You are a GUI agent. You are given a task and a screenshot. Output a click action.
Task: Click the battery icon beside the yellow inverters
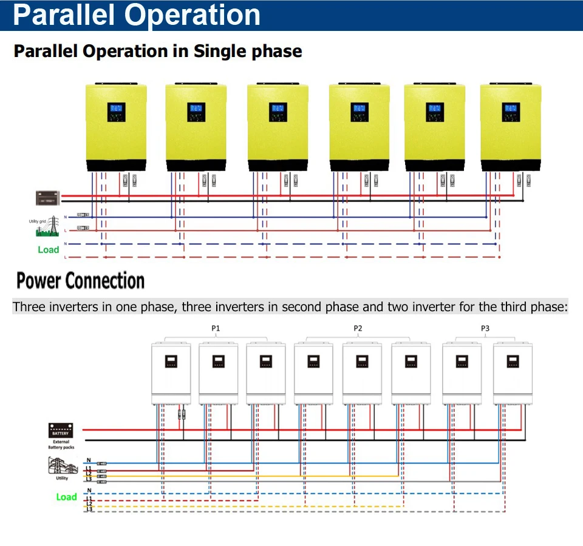(47, 198)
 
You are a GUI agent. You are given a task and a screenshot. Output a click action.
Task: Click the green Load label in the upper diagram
(49, 249)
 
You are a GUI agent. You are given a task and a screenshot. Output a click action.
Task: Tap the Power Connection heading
(80, 281)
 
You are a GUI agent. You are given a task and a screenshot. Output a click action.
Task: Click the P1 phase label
(216, 328)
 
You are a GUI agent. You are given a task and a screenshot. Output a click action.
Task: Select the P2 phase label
(358, 328)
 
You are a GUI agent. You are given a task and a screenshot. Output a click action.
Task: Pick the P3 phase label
(485, 328)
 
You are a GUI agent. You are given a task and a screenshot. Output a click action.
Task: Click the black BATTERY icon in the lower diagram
(61, 431)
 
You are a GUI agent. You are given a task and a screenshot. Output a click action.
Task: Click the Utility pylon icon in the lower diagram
(62, 466)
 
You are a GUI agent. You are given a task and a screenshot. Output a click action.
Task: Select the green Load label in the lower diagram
(66, 497)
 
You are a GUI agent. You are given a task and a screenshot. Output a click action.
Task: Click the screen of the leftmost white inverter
(171, 362)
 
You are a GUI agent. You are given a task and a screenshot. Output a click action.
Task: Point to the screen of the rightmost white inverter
(512, 362)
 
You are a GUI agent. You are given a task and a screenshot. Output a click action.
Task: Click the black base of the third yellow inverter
(278, 165)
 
